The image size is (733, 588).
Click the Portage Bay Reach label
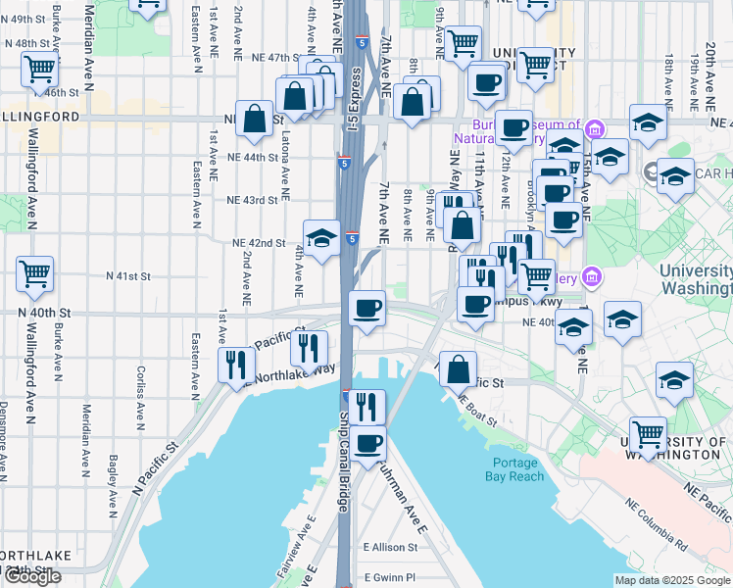tap(513, 469)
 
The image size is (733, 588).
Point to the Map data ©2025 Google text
tap(671, 580)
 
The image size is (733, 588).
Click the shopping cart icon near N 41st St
tap(34, 273)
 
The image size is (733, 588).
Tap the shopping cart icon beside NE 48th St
tap(38, 68)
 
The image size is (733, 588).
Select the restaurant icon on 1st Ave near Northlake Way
tap(235, 364)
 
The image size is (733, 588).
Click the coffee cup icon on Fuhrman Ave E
tap(368, 443)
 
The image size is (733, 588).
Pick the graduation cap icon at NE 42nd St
tap(320, 236)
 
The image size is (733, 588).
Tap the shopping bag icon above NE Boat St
tap(458, 368)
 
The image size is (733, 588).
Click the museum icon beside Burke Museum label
tap(594, 128)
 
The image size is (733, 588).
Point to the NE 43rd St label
tap(253, 200)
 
